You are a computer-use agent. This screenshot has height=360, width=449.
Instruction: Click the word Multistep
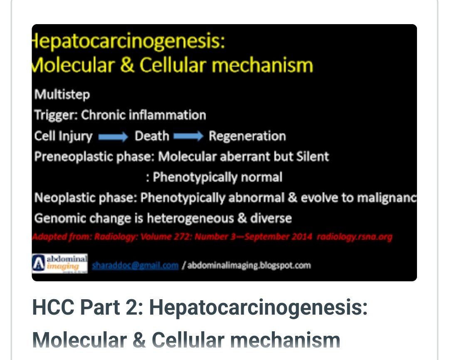62,95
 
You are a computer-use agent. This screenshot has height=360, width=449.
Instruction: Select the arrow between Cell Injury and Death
113,137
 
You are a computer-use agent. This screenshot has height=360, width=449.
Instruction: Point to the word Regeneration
247,136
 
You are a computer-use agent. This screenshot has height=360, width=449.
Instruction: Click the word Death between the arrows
152,136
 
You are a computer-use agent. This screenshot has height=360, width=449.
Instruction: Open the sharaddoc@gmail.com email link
135,265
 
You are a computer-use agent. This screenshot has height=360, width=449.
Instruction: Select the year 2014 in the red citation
299,237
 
